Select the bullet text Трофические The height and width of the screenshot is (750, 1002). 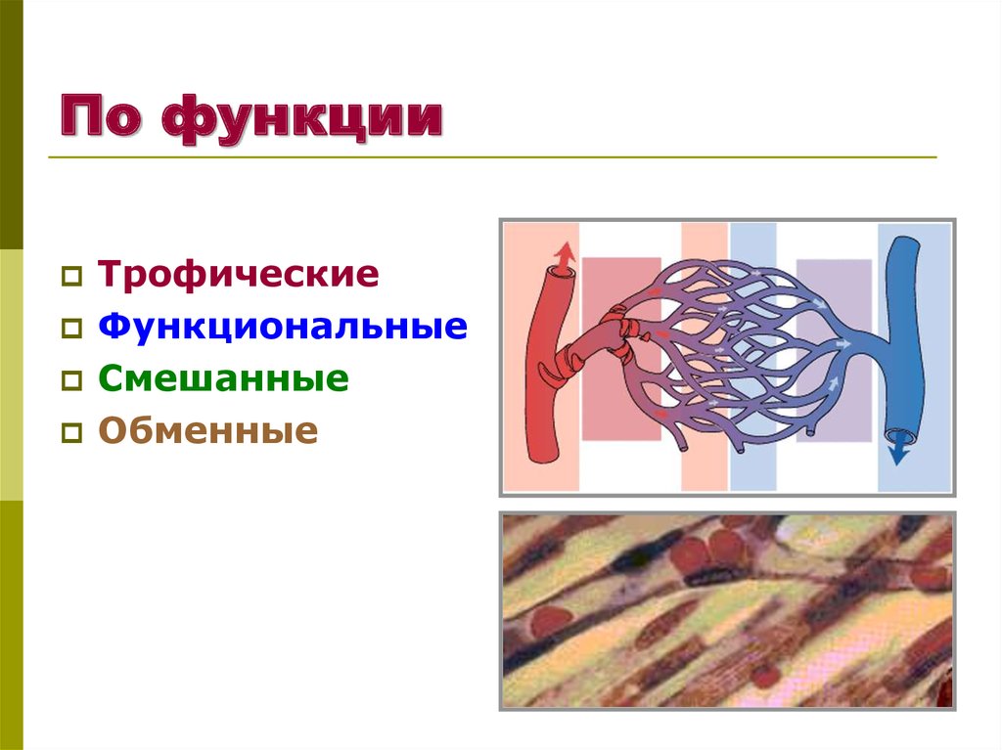[238, 275]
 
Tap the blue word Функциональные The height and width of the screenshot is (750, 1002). [282, 327]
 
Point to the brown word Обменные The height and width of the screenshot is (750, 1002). [207, 430]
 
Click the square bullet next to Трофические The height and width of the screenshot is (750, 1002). [72, 277]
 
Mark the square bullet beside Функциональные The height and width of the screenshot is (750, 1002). [72, 329]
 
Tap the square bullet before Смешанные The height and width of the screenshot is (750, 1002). [72, 380]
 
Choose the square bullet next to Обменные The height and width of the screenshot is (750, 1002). [72, 432]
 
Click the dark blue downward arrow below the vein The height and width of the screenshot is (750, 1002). [896, 452]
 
